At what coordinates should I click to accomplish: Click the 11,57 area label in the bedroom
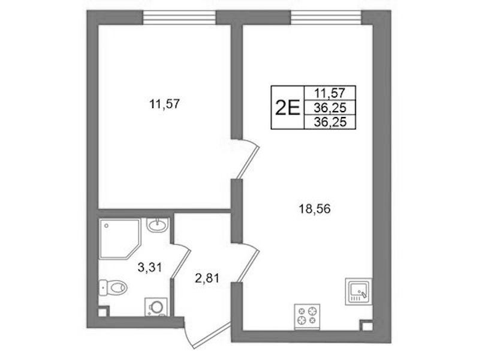coord(164,104)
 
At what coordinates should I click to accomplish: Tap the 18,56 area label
coord(315,209)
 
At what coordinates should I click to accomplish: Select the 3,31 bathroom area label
coord(149,268)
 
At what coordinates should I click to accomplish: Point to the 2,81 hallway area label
coord(207,278)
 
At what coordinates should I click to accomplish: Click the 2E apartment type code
coord(288,107)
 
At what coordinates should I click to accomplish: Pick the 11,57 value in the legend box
coord(330,92)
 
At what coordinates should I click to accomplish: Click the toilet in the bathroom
coord(113,287)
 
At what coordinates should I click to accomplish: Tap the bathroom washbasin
coord(156,225)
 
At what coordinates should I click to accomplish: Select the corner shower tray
coord(120,239)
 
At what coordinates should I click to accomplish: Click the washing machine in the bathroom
coord(156,307)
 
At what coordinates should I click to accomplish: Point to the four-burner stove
coord(307,317)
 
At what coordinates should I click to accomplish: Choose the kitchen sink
coord(359,291)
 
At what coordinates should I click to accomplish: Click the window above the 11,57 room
coord(180,17)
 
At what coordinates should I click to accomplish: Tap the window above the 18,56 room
coord(326,17)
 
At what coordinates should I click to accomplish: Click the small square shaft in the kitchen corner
coord(366,325)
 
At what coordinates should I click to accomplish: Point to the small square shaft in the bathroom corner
coord(103,311)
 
